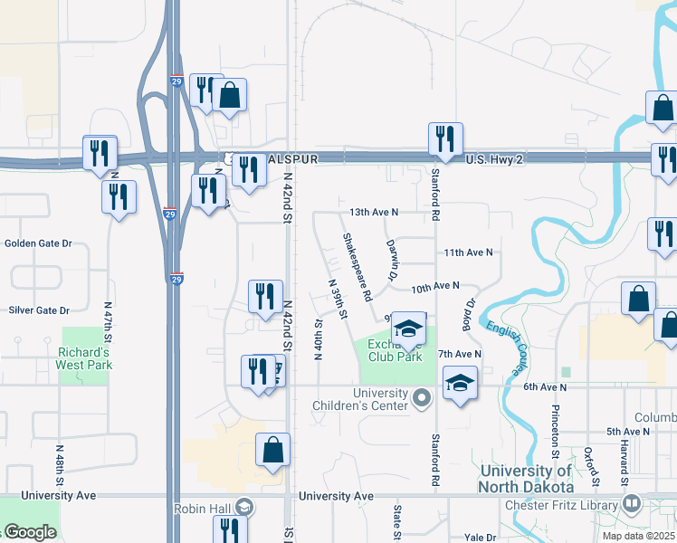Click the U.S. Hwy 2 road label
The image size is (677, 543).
point(495,159)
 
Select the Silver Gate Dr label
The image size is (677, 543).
point(39,310)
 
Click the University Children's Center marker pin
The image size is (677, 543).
point(421,397)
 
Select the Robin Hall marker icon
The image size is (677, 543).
point(243,508)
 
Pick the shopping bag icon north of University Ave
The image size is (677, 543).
point(273,451)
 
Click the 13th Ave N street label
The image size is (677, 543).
point(374,212)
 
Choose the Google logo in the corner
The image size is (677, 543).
point(30,532)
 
